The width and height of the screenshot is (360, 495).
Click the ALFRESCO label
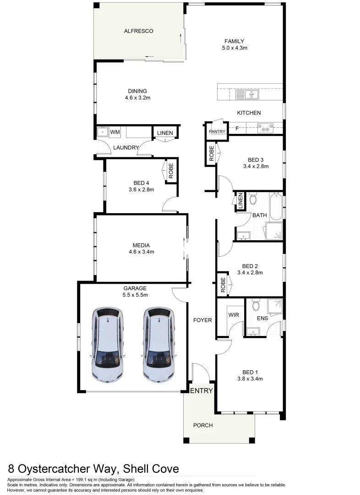[138, 31]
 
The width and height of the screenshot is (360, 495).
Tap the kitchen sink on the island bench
[247, 95]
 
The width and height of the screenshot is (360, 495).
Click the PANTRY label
[217, 132]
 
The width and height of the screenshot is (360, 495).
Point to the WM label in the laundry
[115, 132]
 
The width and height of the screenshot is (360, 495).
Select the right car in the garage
[158, 345]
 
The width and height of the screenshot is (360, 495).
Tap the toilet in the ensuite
[256, 305]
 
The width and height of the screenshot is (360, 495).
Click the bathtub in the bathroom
[276, 208]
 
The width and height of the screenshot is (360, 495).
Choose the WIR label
[233, 315]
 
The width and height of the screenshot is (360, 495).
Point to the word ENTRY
[202, 391]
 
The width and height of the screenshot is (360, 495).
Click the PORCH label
[203, 425]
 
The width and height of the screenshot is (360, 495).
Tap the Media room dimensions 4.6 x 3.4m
[142, 252]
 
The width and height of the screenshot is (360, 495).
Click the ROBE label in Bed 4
[171, 171]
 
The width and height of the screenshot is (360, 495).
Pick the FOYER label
[202, 320]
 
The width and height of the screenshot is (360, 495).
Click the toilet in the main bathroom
[253, 198]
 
